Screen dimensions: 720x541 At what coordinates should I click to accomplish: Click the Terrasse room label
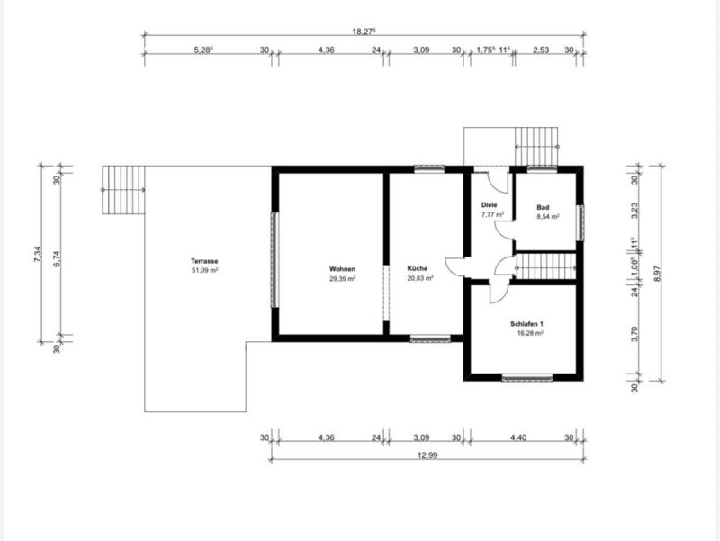pyautogui.click(x=204, y=261)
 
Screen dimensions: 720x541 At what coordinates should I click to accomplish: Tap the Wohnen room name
pyautogui.click(x=342, y=269)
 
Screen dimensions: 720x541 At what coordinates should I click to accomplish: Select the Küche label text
pyautogui.click(x=418, y=268)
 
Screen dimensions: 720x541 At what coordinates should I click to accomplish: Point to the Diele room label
pyautogui.click(x=489, y=205)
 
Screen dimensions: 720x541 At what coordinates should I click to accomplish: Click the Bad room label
pyautogui.click(x=543, y=207)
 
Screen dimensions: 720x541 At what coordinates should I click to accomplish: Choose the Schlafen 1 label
pyautogui.click(x=526, y=324)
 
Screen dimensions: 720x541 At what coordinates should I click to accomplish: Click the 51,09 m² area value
pyautogui.click(x=204, y=270)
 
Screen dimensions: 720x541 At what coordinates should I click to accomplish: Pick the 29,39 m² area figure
pyautogui.click(x=343, y=278)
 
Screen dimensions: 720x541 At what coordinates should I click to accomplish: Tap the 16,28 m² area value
pyautogui.click(x=530, y=333)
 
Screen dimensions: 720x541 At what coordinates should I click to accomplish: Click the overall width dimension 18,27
pyautogui.click(x=364, y=32)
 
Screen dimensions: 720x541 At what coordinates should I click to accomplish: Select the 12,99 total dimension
pyautogui.click(x=427, y=455)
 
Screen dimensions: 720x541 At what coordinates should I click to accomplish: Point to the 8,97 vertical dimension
pyautogui.click(x=657, y=274)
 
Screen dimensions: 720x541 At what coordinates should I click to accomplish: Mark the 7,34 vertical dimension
pyautogui.click(x=38, y=254)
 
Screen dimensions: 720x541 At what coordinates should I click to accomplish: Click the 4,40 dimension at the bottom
pyautogui.click(x=518, y=437)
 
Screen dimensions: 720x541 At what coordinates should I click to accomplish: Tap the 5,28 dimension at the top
pyautogui.click(x=203, y=50)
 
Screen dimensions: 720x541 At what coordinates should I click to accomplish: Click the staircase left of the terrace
pyautogui.click(x=123, y=190)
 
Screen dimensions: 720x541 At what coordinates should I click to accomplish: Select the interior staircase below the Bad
pyautogui.click(x=545, y=266)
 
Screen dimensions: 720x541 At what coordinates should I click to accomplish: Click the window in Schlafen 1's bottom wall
pyautogui.click(x=526, y=378)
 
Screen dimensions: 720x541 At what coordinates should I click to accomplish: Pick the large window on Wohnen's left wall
pyautogui.click(x=274, y=259)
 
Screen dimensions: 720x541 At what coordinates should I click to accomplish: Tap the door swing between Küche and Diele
pyautogui.click(x=454, y=266)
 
